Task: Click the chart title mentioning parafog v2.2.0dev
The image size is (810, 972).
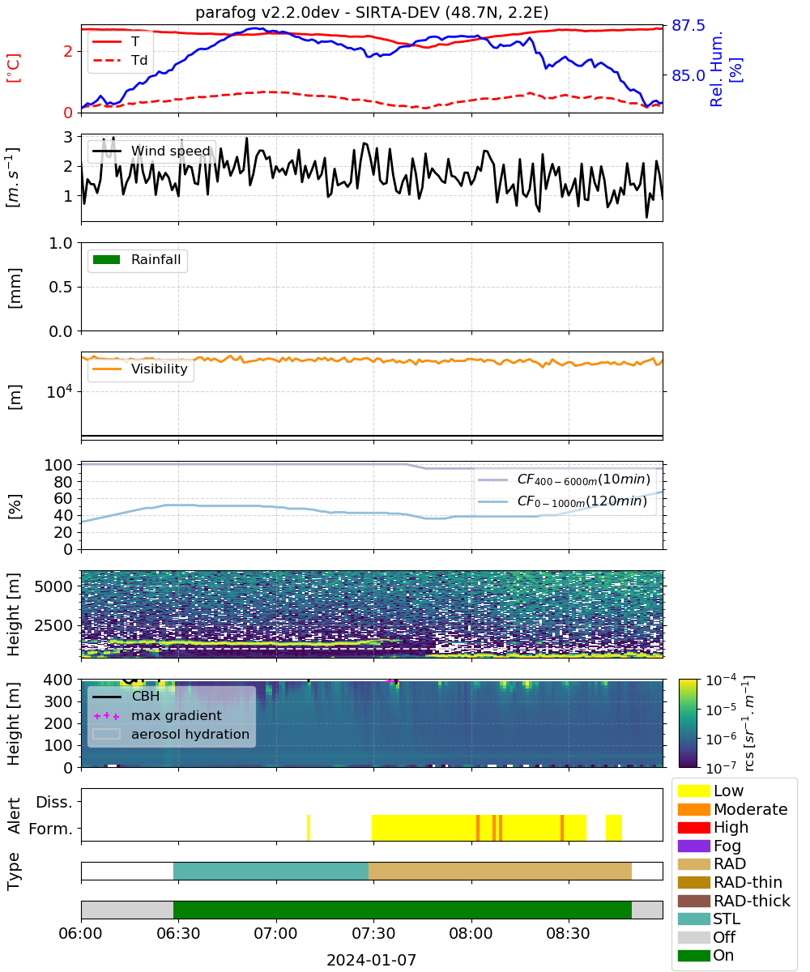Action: click(x=372, y=12)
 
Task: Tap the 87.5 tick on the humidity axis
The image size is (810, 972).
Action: click(x=688, y=26)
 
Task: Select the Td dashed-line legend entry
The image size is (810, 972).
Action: click(x=120, y=60)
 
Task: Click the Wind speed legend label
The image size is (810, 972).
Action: click(x=170, y=151)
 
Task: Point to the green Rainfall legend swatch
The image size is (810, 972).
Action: click(x=106, y=259)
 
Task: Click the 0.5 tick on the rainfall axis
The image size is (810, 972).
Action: click(x=61, y=287)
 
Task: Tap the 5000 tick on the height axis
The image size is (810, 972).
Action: click(x=53, y=586)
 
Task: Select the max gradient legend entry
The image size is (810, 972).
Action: click(x=157, y=715)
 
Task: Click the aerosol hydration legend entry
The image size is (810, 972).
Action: click(x=171, y=734)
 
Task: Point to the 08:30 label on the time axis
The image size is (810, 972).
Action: click(x=568, y=933)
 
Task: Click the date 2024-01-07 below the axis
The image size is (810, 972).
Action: click(x=371, y=960)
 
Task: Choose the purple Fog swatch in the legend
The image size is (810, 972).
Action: click(x=693, y=846)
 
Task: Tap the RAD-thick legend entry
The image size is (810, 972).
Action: click(x=734, y=901)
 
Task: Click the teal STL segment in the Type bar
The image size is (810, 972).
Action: click(x=271, y=871)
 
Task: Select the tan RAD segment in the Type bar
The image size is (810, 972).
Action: click(x=500, y=871)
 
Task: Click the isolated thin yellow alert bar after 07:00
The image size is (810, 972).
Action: click(x=309, y=828)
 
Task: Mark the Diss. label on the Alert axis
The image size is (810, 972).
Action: click(x=54, y=802)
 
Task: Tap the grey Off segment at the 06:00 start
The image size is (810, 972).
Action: click(x=127, y=910)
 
